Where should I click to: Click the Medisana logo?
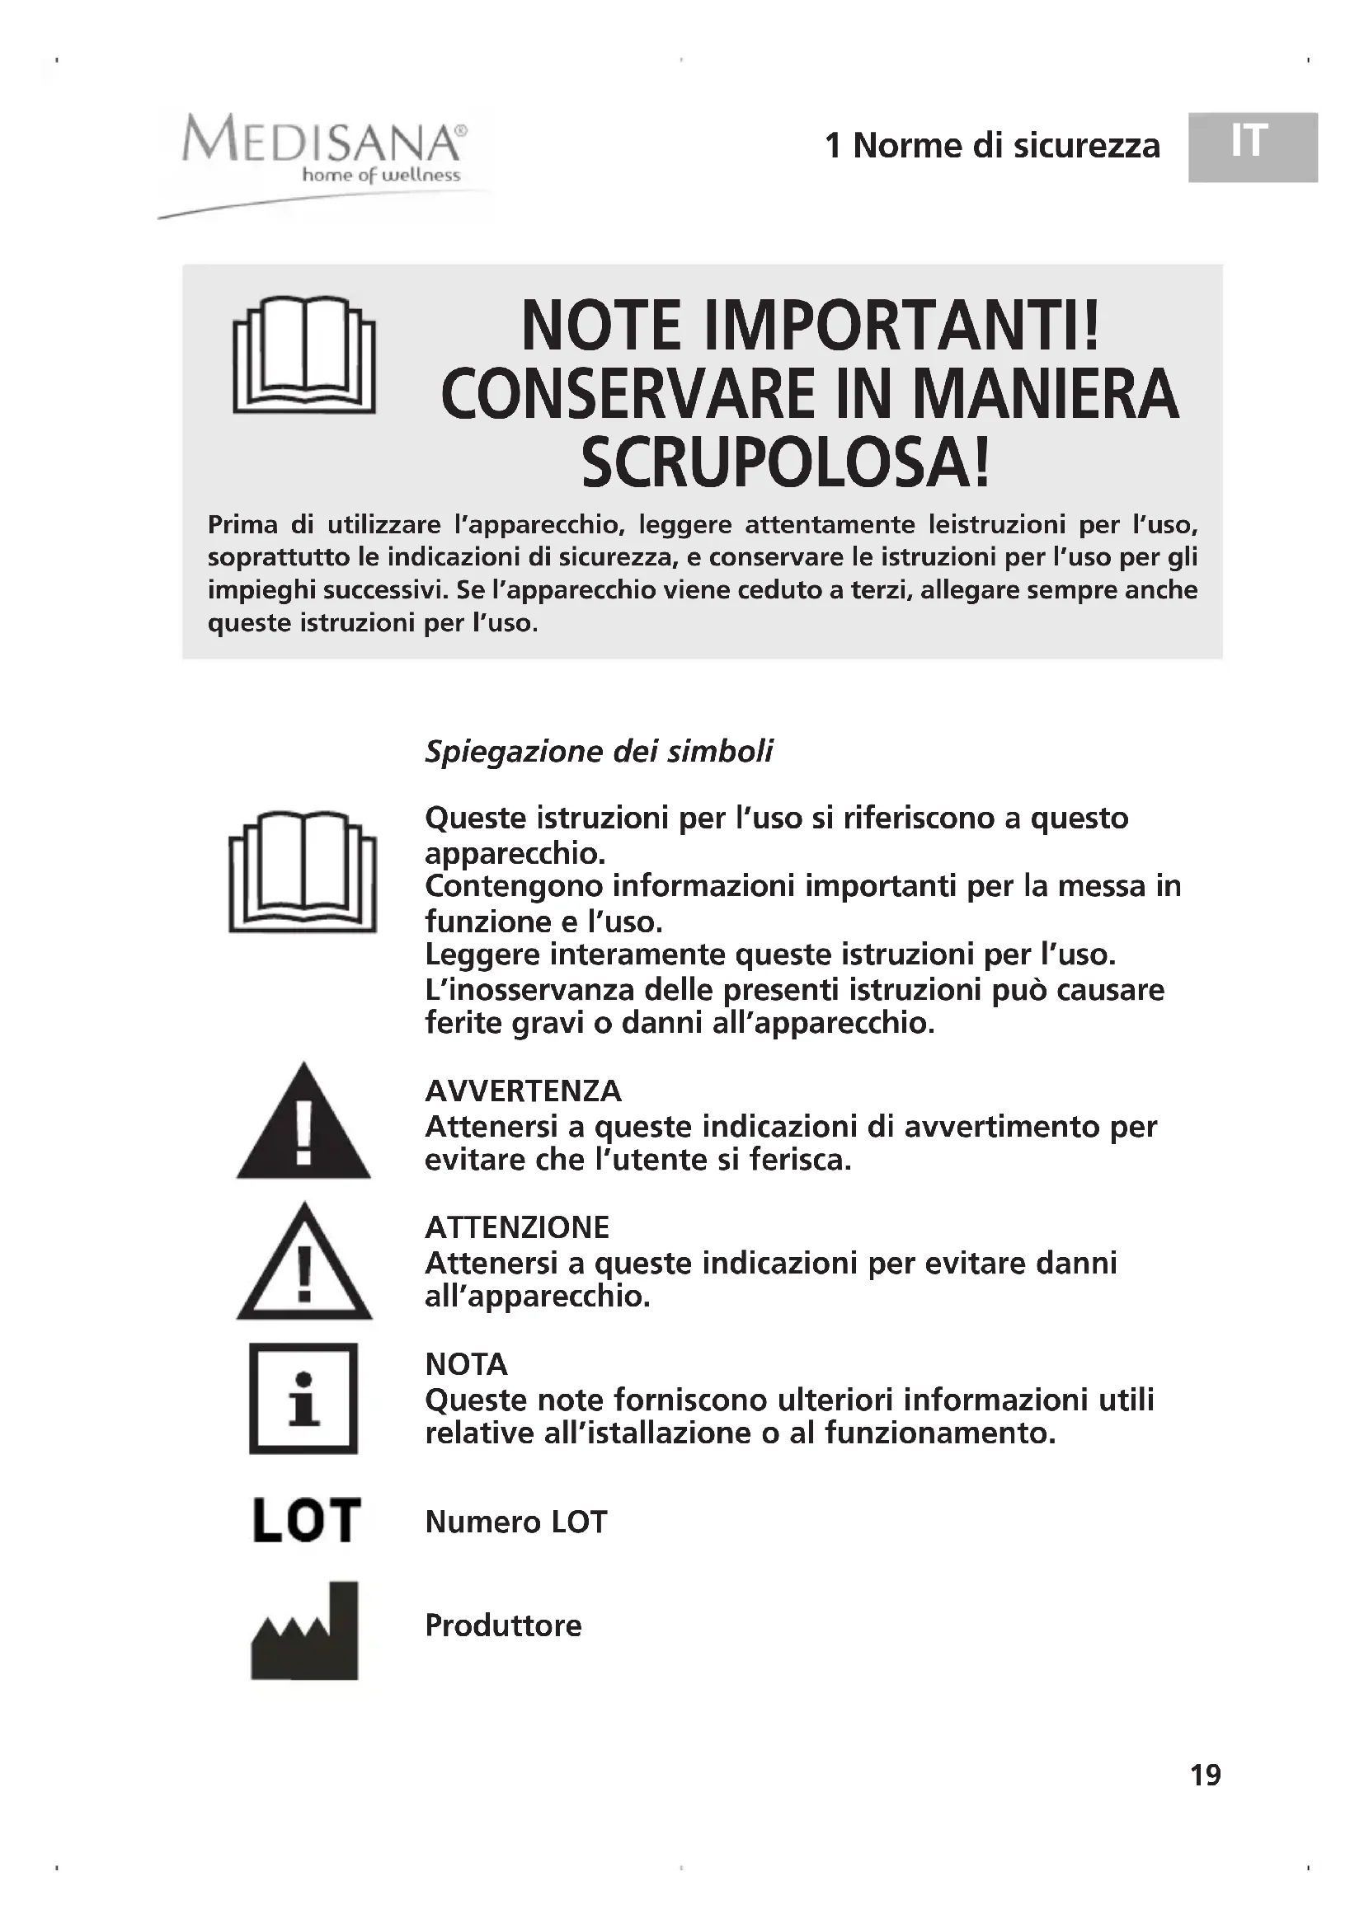coord(322,151)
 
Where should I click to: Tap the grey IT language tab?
coord(1251,146)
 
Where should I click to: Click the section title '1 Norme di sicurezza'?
coord(992,146)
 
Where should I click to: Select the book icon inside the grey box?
coord(304,354)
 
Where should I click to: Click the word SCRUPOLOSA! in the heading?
coord(786,464)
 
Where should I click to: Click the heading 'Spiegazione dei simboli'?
coord(598,751)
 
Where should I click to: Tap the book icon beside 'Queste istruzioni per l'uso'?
coord(303,870)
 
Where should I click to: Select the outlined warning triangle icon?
coord(304,1263)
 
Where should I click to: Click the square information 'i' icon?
coord(303,1398)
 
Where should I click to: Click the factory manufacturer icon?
coord(305,1630)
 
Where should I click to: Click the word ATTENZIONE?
coord(516,1227)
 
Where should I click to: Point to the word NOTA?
coord(466,1363)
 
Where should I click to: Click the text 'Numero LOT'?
coord(515,1522)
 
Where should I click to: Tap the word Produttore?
coord(503,1625)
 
